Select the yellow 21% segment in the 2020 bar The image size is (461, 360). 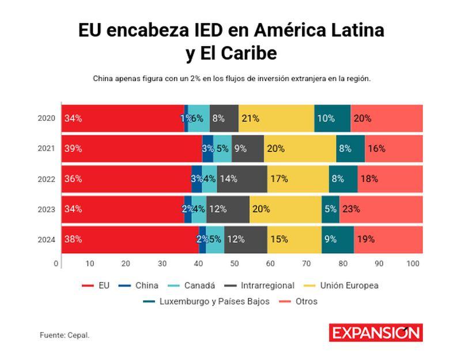(x=276, y=118)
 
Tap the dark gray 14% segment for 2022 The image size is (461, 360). (x=242, y=179)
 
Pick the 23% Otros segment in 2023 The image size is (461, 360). (x=381, y=209)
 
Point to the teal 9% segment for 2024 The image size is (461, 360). (x=337, y=239)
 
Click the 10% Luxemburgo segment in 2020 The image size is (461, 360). (x=332, y=118)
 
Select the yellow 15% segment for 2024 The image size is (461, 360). (x=294, y=239)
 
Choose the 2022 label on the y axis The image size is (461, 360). (x=46, y=179)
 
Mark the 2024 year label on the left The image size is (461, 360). (x=46, y=239)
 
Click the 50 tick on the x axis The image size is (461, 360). (x=235, y=264)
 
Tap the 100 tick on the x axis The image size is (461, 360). (x=413, y=264)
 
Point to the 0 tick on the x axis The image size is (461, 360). (x=56, y=264)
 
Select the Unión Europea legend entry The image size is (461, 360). (x=342, y=285)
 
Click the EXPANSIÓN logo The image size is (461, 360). (x=375, y=333)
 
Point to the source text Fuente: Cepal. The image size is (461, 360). (x=65, y=335)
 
